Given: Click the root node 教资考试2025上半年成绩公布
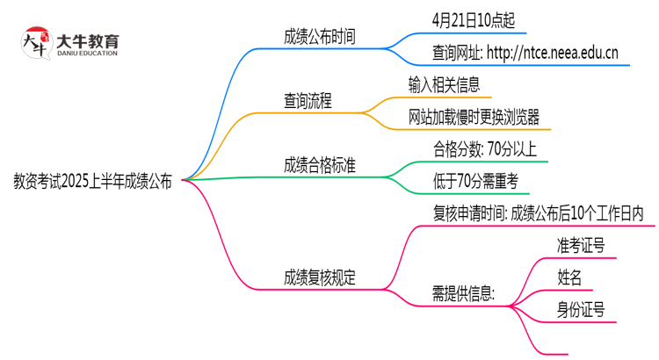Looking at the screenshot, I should click(92, 183).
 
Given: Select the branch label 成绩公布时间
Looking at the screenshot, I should click(319, 36).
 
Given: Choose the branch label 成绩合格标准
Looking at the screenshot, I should click(319, 164).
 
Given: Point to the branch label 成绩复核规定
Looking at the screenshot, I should click(319, 278).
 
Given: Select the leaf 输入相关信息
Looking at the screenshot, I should click(444, 84).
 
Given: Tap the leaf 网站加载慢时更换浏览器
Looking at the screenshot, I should click(474, 117).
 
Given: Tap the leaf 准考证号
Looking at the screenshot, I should click(580, 245).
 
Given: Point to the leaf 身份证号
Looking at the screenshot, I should click(580, 309).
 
